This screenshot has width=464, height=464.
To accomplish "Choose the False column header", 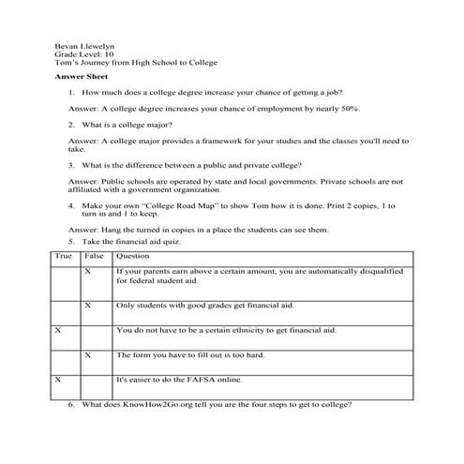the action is coord(94,256).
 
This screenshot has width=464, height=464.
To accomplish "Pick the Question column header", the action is coord(133,256).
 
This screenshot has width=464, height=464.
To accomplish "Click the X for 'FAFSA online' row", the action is coord(58,381).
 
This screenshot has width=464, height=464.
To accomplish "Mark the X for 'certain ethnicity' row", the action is coord(58,331).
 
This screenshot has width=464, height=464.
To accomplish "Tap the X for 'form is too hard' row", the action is coord(87,356).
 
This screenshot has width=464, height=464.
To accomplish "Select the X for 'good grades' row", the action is coord(87,306).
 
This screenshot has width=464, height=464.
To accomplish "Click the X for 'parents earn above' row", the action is coord(87,271).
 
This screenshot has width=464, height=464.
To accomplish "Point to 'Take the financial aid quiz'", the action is coord(140,242).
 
